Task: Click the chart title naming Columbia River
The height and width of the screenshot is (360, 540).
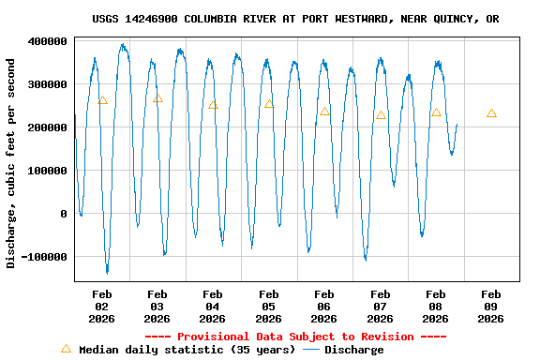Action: [295, 19]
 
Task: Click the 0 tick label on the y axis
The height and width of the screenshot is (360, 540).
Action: [64, 214]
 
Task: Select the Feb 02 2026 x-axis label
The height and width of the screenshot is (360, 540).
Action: [101, 306]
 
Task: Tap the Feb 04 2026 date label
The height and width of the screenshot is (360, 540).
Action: [213, 306]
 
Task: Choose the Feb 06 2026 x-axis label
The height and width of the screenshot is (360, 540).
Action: [324, 306]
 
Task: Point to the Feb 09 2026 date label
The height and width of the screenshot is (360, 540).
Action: [491, 306]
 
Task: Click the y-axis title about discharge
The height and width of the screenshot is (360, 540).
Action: [11, 163]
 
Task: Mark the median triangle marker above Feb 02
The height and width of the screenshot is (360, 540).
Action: [102, 99]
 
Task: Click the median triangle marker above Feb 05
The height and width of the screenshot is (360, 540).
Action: [269, 103]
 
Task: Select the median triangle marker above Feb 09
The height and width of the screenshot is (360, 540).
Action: [491, 112]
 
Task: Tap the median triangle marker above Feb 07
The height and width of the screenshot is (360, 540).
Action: [381, 114]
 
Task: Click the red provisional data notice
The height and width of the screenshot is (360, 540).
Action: [295, 337]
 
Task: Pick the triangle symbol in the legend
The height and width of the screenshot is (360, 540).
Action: [66, 349]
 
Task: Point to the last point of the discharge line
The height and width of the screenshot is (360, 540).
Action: [457, 124]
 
